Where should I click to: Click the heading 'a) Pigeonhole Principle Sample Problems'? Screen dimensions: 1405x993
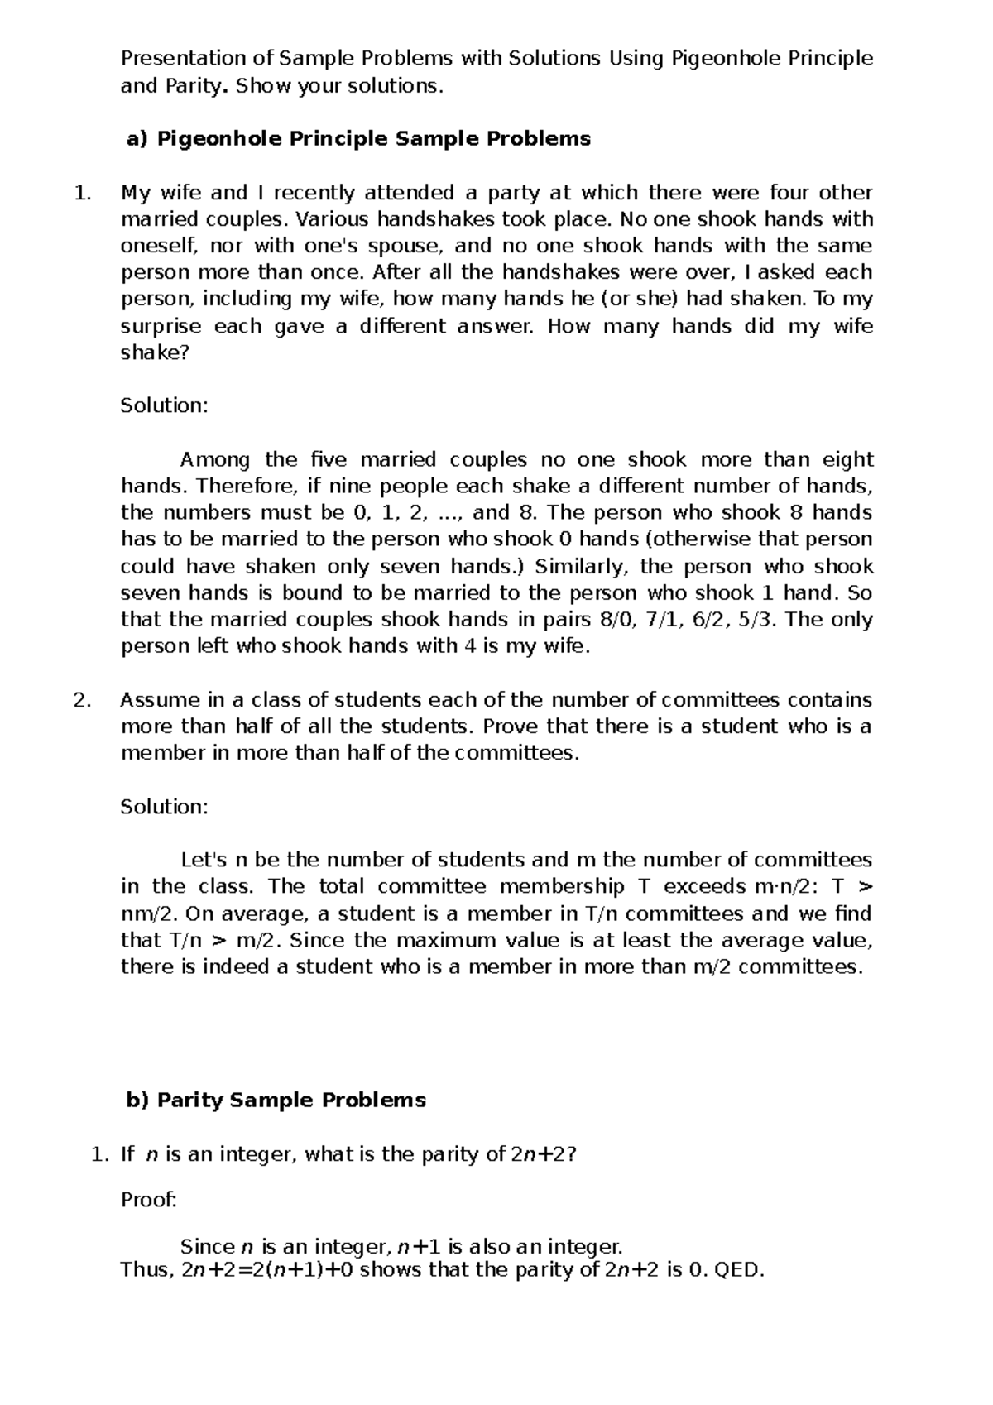click(357, 139)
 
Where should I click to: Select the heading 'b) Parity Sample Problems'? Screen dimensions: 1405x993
click(275, 1101)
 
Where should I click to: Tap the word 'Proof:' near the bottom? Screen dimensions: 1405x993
click(149, 1200)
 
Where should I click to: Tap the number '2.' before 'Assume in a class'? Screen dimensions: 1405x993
click(81, 700)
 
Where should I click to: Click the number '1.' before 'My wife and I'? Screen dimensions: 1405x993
click(81, 193)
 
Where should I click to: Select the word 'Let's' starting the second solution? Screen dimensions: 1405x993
click(204, 861)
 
